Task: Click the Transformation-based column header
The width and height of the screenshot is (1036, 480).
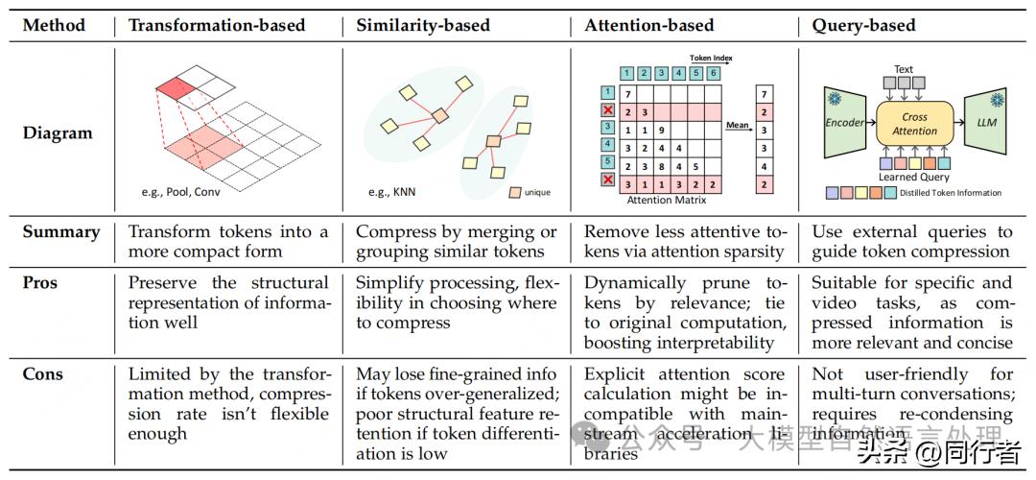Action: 217,26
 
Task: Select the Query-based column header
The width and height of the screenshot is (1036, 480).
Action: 864,26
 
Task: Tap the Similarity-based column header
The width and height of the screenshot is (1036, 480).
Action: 423,26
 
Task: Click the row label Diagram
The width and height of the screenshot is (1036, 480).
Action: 58,133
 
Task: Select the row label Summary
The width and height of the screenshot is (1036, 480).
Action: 61,232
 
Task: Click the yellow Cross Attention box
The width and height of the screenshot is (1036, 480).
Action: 915,124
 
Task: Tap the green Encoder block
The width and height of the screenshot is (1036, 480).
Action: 845,123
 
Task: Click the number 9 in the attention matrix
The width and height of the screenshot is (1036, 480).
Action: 662,130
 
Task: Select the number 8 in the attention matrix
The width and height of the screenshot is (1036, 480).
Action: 662,165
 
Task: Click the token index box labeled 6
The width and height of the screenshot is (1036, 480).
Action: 715,73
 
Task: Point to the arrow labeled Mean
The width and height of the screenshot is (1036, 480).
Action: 738,130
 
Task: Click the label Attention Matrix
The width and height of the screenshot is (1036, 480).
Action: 667,201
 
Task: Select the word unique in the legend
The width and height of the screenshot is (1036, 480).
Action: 537,192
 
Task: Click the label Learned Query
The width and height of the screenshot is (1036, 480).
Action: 914,177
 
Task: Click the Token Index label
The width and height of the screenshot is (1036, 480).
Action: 711,59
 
